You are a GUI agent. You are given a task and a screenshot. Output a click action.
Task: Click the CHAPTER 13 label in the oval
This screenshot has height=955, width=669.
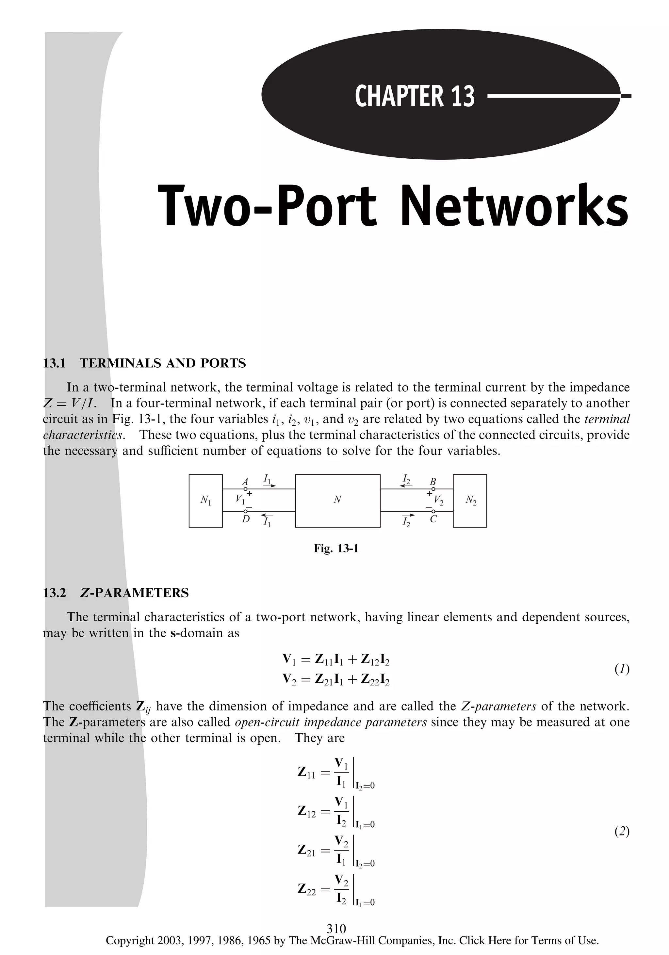click(x=415, y=96)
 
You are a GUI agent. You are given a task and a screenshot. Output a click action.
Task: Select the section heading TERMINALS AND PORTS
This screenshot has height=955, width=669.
click(x=163, y=363)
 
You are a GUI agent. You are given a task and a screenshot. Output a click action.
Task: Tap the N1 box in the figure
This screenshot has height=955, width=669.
click(x=205, y=501)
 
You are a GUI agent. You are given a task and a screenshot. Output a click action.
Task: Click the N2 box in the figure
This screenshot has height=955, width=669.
click(x=470, y=501)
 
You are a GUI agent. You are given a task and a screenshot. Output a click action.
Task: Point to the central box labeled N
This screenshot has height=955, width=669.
click(x=337, y=501)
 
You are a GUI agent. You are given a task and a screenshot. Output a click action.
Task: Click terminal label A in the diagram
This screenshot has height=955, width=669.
click(x=245, y=482)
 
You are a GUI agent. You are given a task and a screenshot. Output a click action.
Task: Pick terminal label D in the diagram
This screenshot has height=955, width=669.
click(x=246, y=519)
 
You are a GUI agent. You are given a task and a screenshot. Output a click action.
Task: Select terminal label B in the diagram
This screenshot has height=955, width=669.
click(x=433, y=482)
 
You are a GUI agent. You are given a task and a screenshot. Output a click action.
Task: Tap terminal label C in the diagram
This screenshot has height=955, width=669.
click(x=433, y=519)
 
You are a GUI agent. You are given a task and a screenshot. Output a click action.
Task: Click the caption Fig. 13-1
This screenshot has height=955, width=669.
click(x=336, y=548)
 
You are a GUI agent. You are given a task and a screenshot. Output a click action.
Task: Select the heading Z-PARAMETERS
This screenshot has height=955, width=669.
click(x=134, y=593)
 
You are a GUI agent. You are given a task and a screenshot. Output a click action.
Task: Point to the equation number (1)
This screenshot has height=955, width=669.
click(x=622, y=669)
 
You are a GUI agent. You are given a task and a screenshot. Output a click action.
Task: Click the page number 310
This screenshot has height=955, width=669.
click(x=336, y=928)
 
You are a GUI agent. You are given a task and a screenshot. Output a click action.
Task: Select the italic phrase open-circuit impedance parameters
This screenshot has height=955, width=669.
click(x=331, y=722)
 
